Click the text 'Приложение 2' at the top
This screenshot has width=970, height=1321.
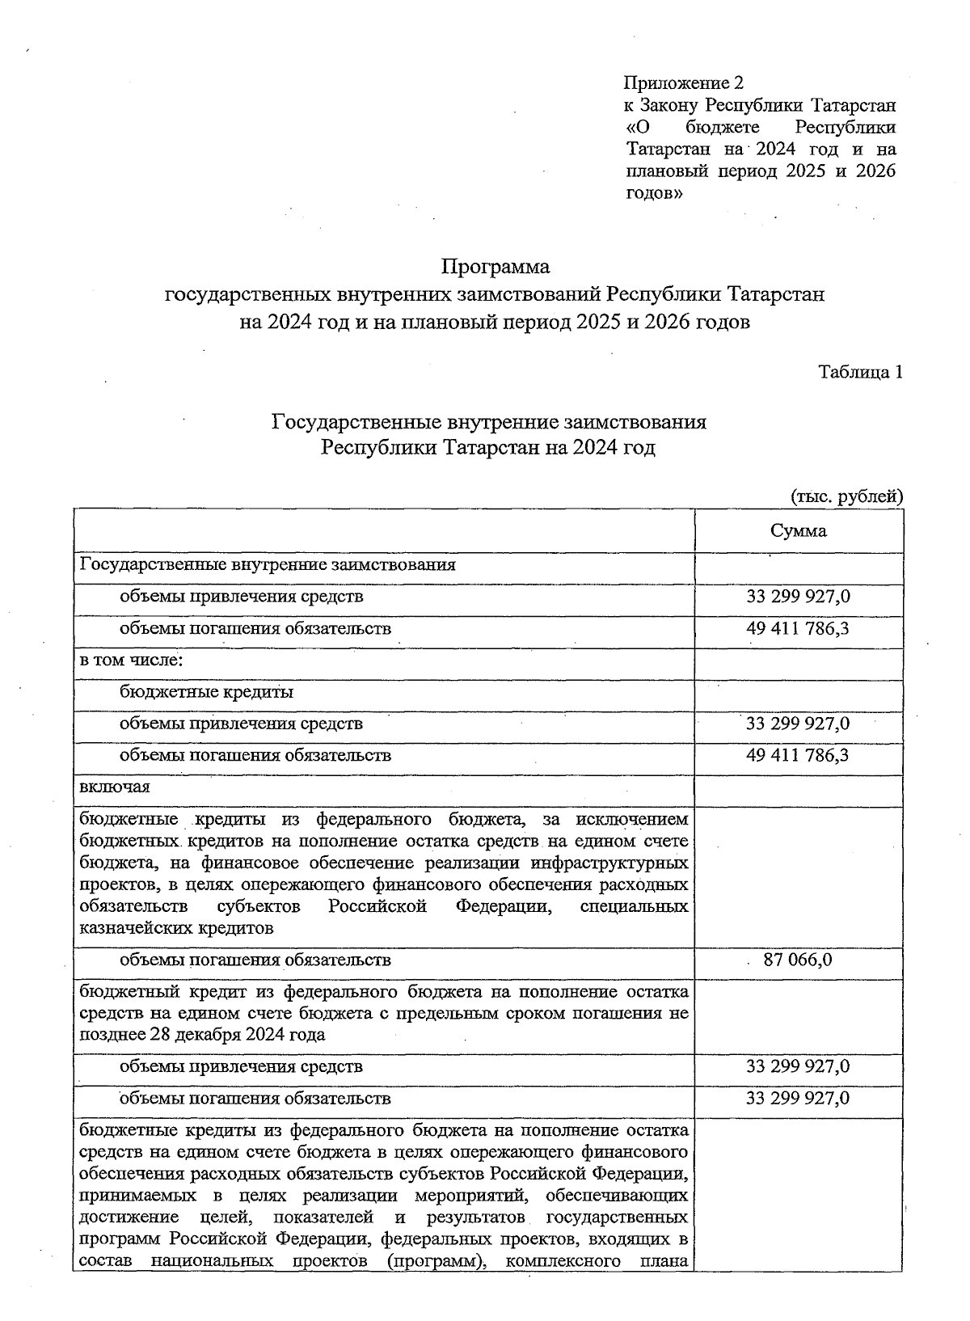pyautogui.click(x=682, y=83)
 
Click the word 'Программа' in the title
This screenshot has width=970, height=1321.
pyautogui.click(x=495, y=266)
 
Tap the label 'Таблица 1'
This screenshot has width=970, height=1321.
pyautogui.click(x=860, y=372)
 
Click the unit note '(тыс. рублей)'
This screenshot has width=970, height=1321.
pyautogui.click(x=846, y=496)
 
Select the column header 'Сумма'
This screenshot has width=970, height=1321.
pyautogui.click(x=798, y=531)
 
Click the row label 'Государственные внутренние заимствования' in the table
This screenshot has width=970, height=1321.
pyautogui.click(x=268, y=564)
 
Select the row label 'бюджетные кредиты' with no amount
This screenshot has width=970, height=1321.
pyautogui.click(x=206, y=692)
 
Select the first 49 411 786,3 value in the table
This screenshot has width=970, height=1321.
pyautogui.click(x=798, y=628)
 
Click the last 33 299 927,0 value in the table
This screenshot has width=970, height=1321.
pyautogui.click(x=798, y=1098)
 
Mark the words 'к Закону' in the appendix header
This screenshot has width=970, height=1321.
pyautogui.click(x=660, y=105)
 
